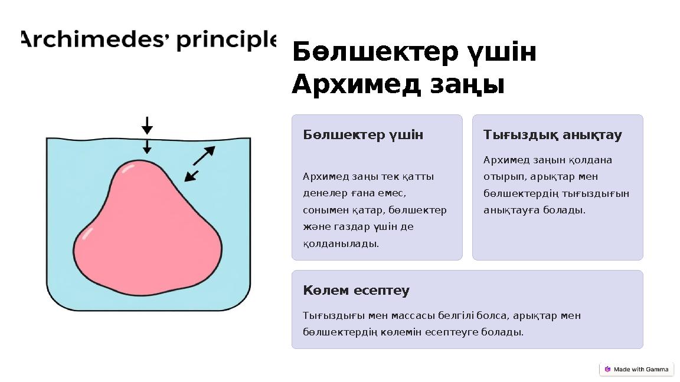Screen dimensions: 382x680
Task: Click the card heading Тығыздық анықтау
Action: click(552, 135)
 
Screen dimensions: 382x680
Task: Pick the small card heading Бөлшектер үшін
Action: click(363, 135)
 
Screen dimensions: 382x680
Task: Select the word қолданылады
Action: click(341, 243)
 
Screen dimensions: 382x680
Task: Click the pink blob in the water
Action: click(148, 236)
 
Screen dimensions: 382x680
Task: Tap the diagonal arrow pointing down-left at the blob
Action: click(191, 176)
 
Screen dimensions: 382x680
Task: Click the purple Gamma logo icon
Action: click(607, 370)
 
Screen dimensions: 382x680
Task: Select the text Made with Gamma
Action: click(641, 370)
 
